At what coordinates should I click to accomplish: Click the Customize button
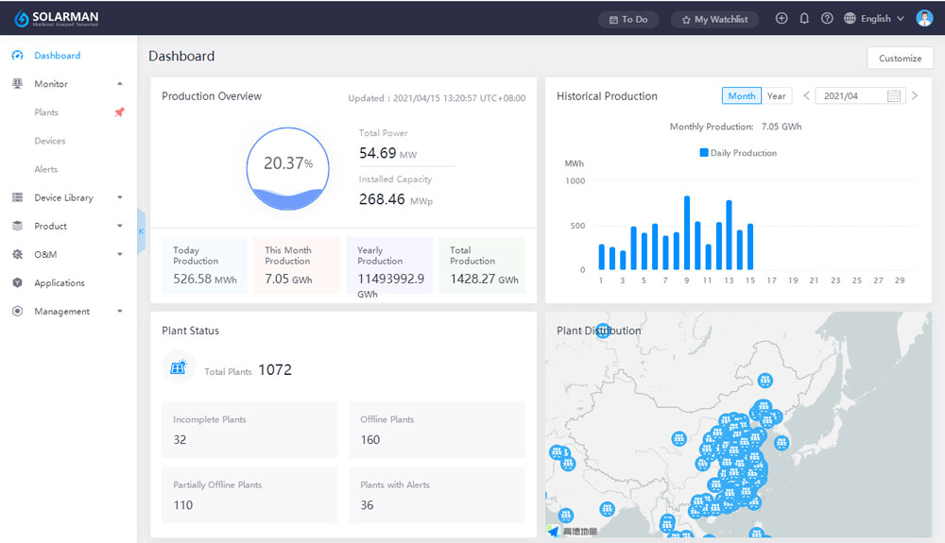pyautogui.click(x=900, y=58)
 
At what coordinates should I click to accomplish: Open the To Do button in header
pyautogui.click(x=628, y=19)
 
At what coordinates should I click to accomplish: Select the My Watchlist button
pyautogui.click(x=714, y=19)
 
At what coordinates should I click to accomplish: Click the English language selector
pyautogui.click(x=874, y=19)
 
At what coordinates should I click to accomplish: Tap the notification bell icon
pyautogui.click(x=804, y=18)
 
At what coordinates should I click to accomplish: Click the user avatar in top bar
pyautogui.click(x=923, y=18)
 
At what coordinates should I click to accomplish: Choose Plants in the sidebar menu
pyautogui.click(x=46, y=112)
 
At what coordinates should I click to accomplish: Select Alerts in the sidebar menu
pyautogui.click(x=46, y=169)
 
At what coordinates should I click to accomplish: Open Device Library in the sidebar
pyautogui.click(x=63, y=197)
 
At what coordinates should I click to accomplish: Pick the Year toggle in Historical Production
pyautogui.click(x=776, y=96)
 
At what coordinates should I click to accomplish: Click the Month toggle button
pyautogui.click(x=741, y=96)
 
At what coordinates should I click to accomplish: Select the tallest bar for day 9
pyautogui.click(x=686, y=233)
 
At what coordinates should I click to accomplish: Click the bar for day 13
pyautogui.click(x=729, y=235)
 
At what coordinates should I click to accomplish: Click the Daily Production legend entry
pyautogui.click(x=738, y=153)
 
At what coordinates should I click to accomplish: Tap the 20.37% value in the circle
pyautogui.click(x=287, y=163)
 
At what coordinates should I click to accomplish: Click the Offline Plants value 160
pyautogui.click(x=369, y=439)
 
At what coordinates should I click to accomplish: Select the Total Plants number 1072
pyautogui.click(x=274, y=370)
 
